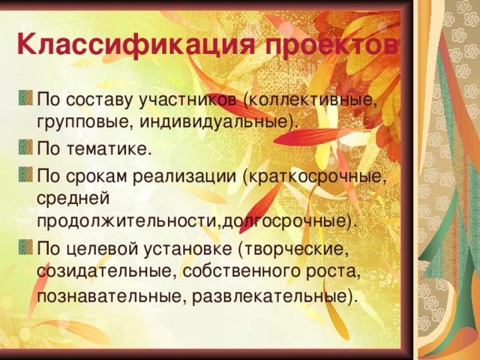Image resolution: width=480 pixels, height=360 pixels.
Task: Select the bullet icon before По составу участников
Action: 26,98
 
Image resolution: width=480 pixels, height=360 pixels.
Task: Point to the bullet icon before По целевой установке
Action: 26,247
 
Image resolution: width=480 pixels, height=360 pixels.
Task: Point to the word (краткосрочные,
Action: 314,178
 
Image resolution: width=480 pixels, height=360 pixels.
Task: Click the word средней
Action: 73,199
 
